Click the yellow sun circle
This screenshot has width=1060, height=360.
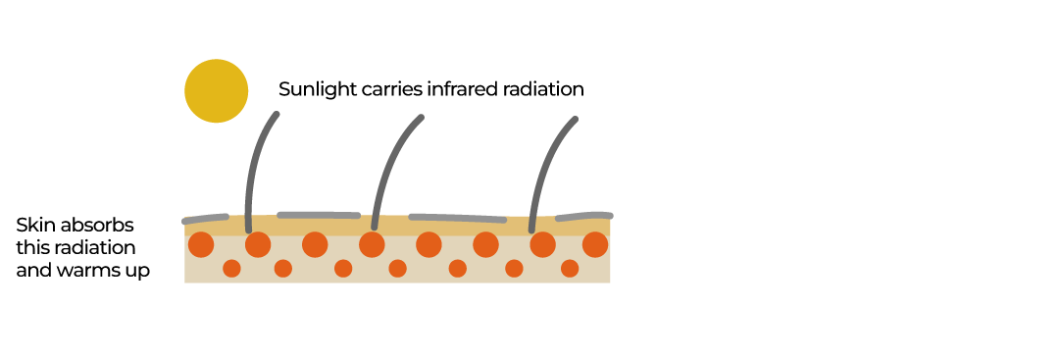216,91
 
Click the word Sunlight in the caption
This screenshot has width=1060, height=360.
313,89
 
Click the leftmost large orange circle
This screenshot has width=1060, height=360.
201,244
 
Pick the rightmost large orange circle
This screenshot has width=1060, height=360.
595,244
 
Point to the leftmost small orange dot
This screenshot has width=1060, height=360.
231,268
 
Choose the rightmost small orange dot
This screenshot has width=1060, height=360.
570,268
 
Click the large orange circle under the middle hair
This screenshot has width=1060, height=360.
372,244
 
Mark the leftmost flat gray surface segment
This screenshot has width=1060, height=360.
206,218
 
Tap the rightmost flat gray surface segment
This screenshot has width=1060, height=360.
584,215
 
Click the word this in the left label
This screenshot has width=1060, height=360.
32,247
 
